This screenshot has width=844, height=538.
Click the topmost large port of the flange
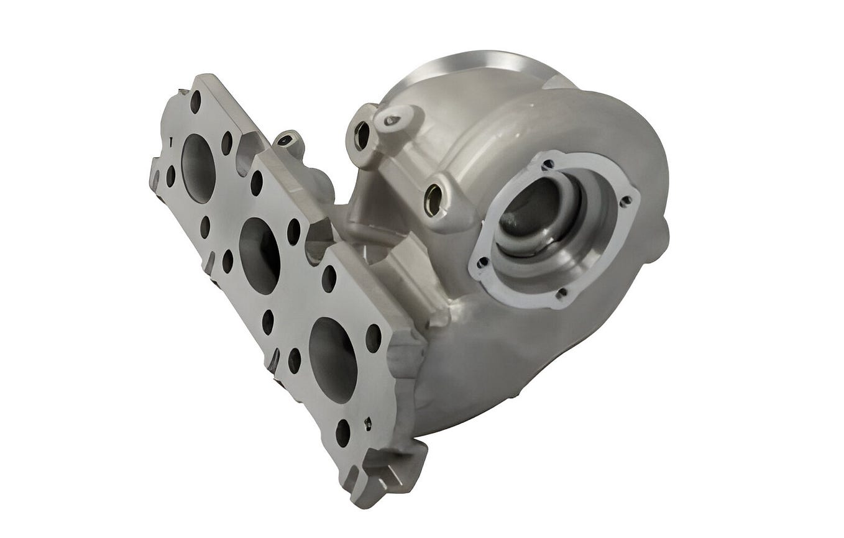tap(198, 168)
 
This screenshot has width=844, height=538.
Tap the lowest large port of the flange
tap(333, 359)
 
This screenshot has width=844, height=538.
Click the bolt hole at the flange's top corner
tap(195, 101)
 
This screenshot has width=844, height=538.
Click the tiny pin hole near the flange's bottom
tap(368, 424)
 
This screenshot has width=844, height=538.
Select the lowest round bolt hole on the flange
tap(342, 432)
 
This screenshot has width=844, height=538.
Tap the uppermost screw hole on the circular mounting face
tap(548, 165)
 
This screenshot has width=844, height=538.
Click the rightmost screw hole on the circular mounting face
tap(626, 201)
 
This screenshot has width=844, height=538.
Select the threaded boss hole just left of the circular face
tap(433, 200)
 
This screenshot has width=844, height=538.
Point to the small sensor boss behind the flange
tap(287, 141)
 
